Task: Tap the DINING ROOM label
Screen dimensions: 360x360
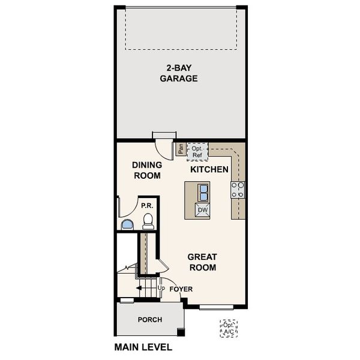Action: pyautogui.click(x=146, y=170)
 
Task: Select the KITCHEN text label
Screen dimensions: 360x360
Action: pyautogui.click(x=209, y=170)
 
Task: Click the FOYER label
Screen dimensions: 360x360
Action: pyautogui.click(x=181, y=289)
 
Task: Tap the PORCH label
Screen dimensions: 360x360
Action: pyautogui.click(x=149, y=320)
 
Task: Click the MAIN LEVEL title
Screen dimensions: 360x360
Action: pyautogui.click(x=143, y=347)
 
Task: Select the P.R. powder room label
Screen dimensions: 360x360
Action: pyautogui.click(x=147, y=205)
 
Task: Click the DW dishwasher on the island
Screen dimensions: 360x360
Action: pyautogui.click(x=202, y=209)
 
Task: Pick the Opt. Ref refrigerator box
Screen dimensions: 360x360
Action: pyautogui.click(x=197, y=151)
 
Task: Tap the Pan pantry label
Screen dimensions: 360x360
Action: pyautogui.click(x=180, y=149)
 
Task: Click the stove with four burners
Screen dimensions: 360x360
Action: pyautogui.click(x=238, y=190)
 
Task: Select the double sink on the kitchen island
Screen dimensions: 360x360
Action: pyautogui.click(x=203, y=192)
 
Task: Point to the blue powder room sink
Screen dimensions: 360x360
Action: pyautogui.click(x=127, y=225)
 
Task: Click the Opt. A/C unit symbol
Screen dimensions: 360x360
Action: pyautogui.click(x=229, y=328)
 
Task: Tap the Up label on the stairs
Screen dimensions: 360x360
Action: pyautogui.click(x=161, y=289)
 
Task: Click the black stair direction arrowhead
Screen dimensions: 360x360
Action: pyautogui.click(x=139, y=289)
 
